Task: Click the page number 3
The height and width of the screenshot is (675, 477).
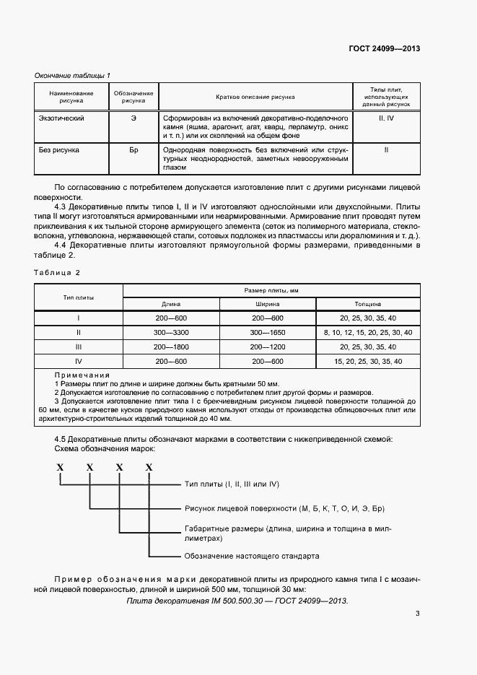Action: click(x=418, y=614)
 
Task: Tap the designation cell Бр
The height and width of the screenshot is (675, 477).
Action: click(x=134, y=150)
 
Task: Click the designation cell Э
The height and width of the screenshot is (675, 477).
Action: click(x=134, y=118)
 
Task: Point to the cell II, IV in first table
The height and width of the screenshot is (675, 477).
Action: click(x=386, y=118)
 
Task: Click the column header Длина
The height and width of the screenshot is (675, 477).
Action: click(x=171, y=304)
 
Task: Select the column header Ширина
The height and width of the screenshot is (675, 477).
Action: click(x=268, y=304)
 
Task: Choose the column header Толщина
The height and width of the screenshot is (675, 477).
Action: click(x=368, y=304)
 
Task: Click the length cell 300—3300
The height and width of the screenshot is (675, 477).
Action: click(x=171, y=332)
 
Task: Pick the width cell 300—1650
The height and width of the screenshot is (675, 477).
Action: click(x=268, y=332)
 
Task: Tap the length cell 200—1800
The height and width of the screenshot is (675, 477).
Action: click(x=171, y=347)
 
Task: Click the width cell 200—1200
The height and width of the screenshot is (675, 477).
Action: click(x=268, y=347)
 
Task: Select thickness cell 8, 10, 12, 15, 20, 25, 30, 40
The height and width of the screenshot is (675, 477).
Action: click(x=368, y=332)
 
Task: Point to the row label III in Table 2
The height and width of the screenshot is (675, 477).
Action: click(x=79, y=347)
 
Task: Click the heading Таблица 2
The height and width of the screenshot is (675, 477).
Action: click(x=57, y=272)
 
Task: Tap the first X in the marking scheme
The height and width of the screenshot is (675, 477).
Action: click(x=61, y=468)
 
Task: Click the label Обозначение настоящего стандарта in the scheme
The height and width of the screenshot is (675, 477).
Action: click(x=252, y=556)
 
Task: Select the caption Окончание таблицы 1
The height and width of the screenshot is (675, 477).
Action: click(x=72, y=75)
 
